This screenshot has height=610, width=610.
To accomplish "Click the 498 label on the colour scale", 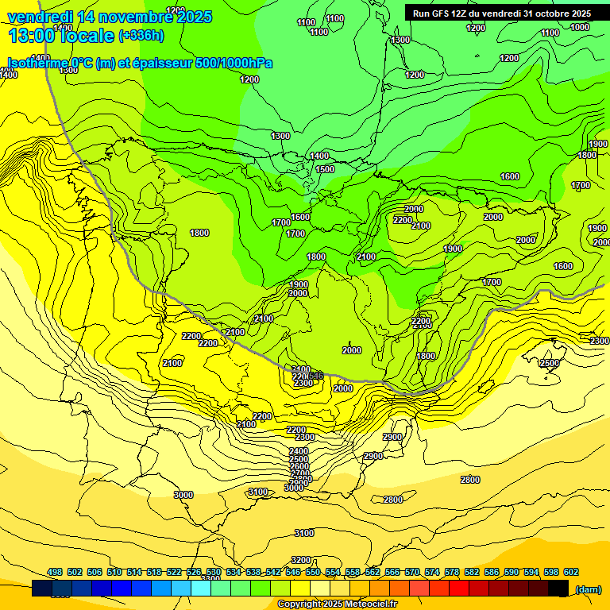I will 55,572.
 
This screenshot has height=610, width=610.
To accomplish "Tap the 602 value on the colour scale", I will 571,572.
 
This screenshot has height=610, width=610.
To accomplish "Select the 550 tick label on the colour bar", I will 313,572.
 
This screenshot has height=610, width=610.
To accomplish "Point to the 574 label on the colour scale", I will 432,572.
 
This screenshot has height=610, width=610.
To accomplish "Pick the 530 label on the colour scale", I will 214,572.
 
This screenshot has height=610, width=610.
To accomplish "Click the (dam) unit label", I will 587,589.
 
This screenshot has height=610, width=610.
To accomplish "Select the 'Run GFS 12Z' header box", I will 501,14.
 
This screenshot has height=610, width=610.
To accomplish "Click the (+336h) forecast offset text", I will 141,36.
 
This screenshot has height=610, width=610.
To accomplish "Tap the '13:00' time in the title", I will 33,36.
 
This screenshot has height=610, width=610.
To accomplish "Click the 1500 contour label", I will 325,169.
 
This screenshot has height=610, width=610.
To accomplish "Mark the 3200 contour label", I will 301,560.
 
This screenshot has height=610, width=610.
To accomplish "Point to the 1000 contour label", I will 580,27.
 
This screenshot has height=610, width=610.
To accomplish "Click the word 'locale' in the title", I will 88,36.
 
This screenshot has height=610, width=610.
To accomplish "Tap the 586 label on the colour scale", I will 492,572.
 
